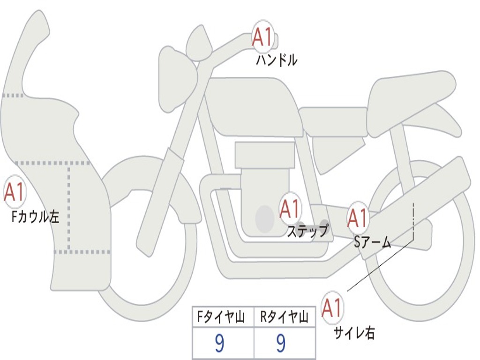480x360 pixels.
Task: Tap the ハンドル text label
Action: pyautogui.click(x=277, y=60)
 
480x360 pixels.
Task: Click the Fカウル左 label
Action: pyautogui.click(x=35, y=217)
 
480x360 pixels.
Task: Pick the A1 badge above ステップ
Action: pyautogui.click(x=290, y=209)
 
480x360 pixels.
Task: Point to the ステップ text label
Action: pyautogui.click(x=307, y=231)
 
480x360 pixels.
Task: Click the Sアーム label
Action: pyautogui.click(x=373, y=242)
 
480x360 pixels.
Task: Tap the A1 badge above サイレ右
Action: pyautogui.click(x=332, y=308)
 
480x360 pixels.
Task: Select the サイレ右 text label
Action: pyautogui.click(x=354, y=333)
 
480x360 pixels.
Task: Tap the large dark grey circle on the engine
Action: pyautogui.click(x=264, y=218)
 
